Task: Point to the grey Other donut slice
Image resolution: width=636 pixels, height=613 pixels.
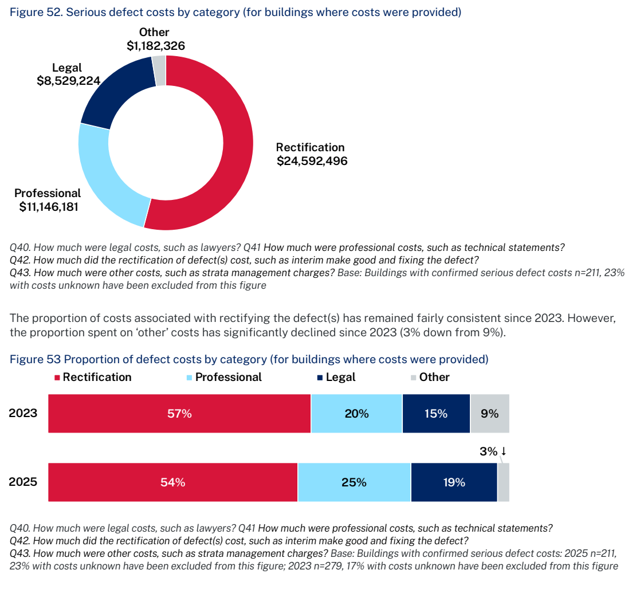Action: tap(159, 70)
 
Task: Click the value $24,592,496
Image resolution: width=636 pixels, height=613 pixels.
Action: tap(312, 161)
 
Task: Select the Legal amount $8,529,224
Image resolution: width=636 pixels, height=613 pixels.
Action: tap(68, 81)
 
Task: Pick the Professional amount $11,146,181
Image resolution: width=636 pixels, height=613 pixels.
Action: tap(49, 206)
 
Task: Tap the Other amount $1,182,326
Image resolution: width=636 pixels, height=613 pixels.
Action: tap(156, 46)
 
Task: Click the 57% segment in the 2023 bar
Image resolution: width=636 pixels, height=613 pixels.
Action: tap(179, 414)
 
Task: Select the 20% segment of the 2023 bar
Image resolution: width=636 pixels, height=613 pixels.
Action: tap(356, 414)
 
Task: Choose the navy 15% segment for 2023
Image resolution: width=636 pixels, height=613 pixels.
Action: tap(437, 414)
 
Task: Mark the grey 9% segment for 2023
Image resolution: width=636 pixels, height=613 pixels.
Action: tap(490, 414)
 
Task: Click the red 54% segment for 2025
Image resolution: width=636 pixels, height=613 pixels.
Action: tap(173, 482)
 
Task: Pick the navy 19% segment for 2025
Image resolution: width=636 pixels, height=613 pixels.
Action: tap(454, 482)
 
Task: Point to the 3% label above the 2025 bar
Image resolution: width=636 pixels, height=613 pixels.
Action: tap(488, 451)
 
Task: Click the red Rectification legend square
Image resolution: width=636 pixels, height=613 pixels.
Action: tap(57, 378)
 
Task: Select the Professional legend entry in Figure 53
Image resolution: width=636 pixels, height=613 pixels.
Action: tap(224, 378)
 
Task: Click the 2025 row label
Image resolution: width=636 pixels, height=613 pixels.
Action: tap(23, 482)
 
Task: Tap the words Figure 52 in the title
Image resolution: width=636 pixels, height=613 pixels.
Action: tap(35, 12)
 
